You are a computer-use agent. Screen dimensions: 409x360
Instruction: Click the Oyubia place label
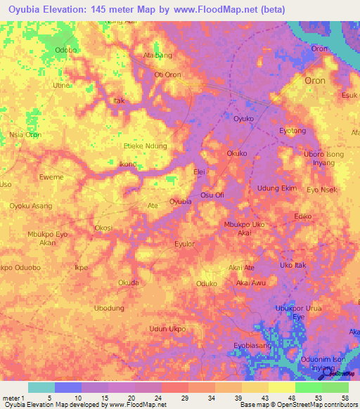181,202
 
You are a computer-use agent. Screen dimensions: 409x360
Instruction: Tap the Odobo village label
65,50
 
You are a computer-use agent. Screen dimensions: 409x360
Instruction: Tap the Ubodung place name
109,309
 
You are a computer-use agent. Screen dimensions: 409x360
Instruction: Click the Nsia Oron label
25,135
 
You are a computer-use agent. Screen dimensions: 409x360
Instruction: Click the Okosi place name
103,228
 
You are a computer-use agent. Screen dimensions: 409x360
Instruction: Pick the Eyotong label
292,131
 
